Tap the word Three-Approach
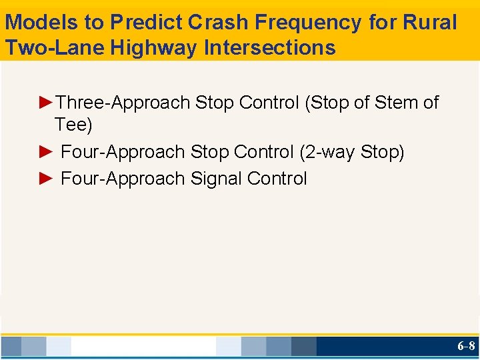(x=123, y=103)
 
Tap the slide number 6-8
(x=466, y=346)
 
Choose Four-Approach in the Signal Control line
(x=123, y=179)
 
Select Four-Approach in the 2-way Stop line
(x=123, y=152)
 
